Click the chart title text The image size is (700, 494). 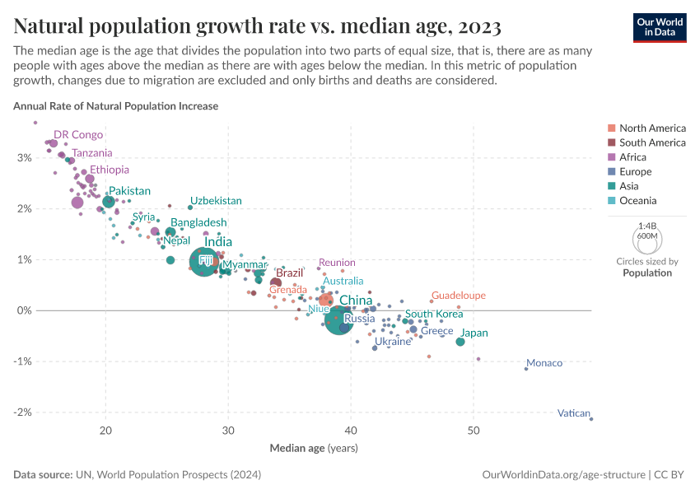[257, 26]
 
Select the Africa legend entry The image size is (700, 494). [632, 157]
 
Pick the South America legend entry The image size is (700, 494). [651, 142]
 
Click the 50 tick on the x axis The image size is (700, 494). [474, 431]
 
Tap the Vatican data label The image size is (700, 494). [573, 413]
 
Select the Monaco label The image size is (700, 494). [544, 363]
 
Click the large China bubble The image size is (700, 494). [338, 319]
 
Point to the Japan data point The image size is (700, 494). [460, 341]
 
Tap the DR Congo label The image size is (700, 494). [78, 134]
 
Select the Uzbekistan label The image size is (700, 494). [216, 201]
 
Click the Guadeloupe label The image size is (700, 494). [458, 296]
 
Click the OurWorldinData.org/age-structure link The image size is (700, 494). [563, 475]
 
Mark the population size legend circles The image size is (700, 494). [647, 239]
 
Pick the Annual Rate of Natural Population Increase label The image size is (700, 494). [115, 106]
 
